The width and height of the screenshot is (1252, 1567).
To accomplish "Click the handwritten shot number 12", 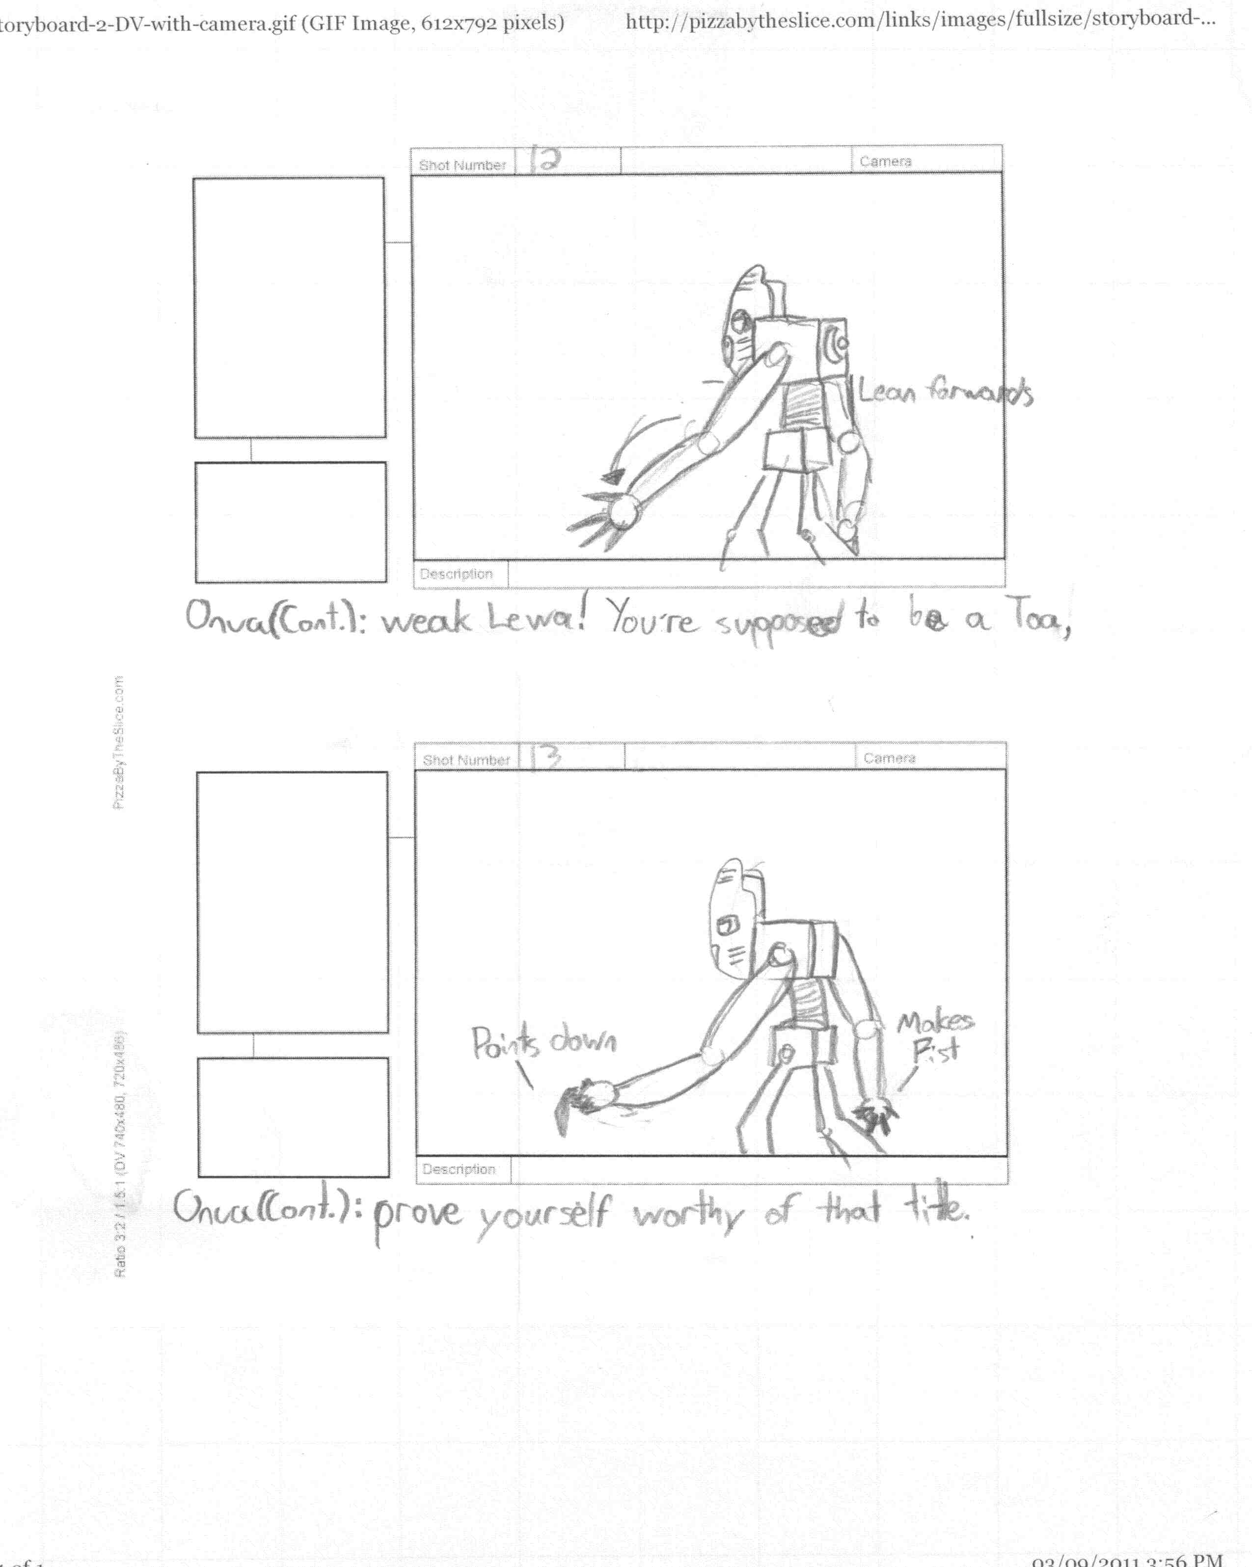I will [x=545, y=160].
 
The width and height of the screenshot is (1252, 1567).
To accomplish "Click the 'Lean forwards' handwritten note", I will [x=945, y=393].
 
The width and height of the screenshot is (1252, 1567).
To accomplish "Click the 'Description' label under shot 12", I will [x=456, y=573].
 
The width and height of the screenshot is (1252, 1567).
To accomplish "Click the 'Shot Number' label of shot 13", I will [x=466, y=760].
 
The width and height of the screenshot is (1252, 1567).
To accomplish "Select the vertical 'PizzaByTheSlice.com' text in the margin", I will [x=118, y=742].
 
